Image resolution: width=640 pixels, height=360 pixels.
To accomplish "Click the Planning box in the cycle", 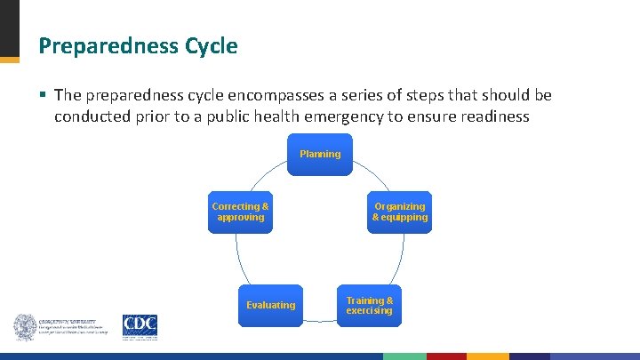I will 320,154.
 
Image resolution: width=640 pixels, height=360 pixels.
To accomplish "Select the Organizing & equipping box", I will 400,212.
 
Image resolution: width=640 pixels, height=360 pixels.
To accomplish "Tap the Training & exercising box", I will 369,306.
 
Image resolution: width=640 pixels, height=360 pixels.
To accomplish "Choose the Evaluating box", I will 270,305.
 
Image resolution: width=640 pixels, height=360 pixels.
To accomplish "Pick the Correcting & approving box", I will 240,212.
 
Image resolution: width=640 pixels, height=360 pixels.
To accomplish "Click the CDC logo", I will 140,326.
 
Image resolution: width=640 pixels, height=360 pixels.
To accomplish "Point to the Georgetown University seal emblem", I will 25,327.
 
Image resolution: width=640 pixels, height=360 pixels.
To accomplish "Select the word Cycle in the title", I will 210,46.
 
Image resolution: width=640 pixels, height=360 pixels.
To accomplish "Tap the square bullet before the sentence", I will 43,95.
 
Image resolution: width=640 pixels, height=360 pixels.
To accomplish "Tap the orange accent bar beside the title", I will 9,60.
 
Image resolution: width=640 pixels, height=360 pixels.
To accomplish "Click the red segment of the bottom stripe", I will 446,356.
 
